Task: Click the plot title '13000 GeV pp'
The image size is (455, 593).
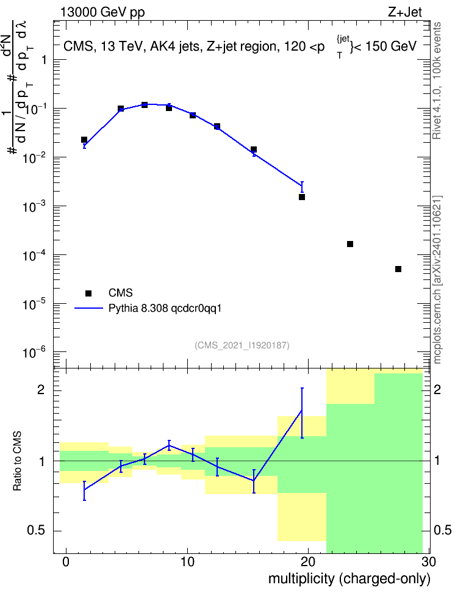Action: pyautogui.click(x=102, y=13)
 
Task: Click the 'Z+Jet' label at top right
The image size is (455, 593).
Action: pyautogui.click(x=405, y=12)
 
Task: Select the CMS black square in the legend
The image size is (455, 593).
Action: pyautogui.click(x=88, y=293)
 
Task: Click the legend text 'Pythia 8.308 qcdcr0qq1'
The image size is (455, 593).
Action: pyautogui.click(x=165, y=309)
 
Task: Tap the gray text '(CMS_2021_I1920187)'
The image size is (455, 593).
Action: pyautogui.click(x=242, y=345)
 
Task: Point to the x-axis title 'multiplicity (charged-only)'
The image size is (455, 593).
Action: pyautogui.click(x=349, y=578)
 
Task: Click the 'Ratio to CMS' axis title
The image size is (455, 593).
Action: pyautogui.click(x=17, y=461)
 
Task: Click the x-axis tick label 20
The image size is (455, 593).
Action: pyautogui.click(x=308, y=562)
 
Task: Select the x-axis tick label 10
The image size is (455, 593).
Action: pyautogui.click(x=187, y=562)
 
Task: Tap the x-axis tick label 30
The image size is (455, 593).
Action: pyautogui.click(x=429, y=562)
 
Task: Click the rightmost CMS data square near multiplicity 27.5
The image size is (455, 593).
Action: pyautogui.click(x=398, y=269)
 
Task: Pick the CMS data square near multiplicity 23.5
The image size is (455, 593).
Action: pyautogui.click(x=350, y=244)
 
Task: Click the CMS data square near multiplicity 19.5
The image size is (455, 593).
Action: pyautogui.click(x=302, y=197)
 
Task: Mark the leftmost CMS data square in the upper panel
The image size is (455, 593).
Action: pyautogui.click(x=84, y=140)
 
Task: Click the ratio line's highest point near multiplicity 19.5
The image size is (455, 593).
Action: pyautogui.click(x=302, y=411)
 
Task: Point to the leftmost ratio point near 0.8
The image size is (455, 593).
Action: pyautogui.click(x=84, y=490)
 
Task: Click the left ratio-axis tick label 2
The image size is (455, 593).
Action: pyautogui.click(x=41, y=390)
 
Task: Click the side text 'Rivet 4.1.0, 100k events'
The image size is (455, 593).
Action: pyautogui.click(x=437, y=81)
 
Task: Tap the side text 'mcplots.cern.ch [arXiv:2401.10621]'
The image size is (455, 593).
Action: pyautogui.click(x=437, y=280)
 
